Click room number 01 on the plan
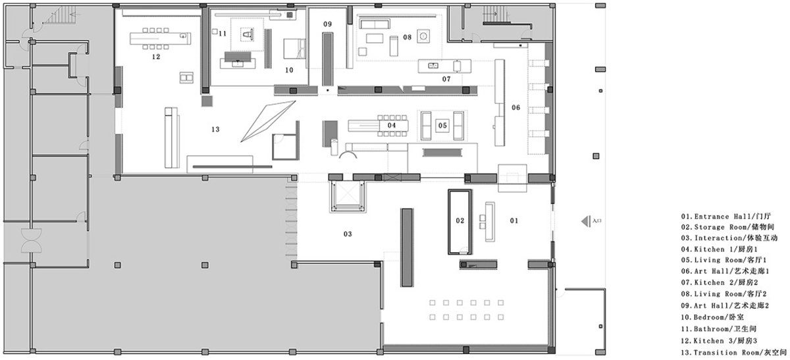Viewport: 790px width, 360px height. [514, 220]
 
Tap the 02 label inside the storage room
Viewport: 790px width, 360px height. [460, 220]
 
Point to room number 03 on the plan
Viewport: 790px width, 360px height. [348, 234]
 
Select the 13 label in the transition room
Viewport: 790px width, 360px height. [215, 130]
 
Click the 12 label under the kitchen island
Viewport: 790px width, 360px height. [156, 57]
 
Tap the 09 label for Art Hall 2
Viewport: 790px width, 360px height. [328, 24]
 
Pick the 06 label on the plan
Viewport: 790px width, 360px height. [515, 107]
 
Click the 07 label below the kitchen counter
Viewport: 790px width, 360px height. [446, 80]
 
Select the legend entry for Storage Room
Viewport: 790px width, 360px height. [727, 227]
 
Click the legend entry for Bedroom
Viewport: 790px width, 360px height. [712, 317]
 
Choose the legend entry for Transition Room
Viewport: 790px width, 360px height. [733, 352]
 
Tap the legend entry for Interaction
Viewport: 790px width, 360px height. [729, 238]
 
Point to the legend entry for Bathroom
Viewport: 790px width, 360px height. [719, 329]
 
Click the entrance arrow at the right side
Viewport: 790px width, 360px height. [585, 221]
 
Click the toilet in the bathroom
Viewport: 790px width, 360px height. [248, 35]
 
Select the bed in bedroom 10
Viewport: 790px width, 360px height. [294, 49]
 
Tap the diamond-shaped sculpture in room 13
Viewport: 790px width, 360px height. [268, 121]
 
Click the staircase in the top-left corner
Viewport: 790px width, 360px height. [60, 16]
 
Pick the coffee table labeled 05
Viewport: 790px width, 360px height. [442, 126]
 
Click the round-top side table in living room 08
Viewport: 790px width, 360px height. [423, 36]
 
